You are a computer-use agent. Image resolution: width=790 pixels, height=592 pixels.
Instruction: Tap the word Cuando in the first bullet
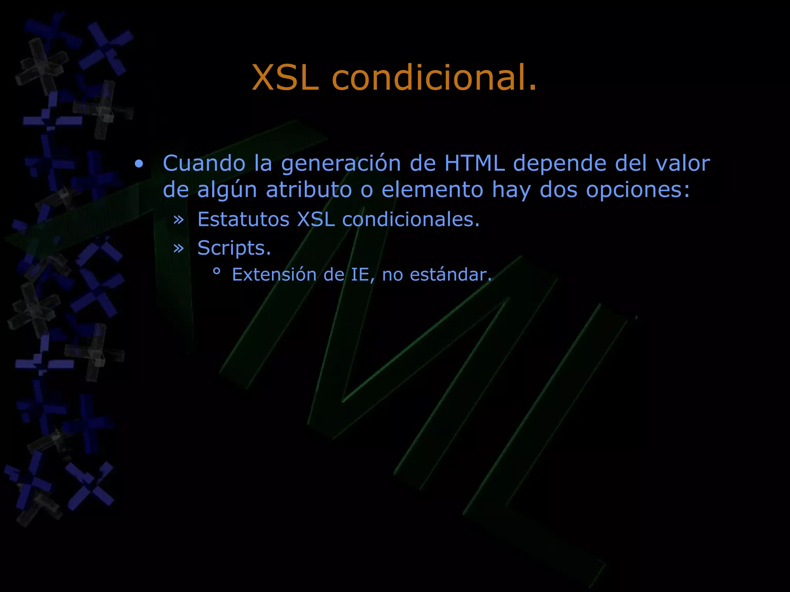click(204, 163)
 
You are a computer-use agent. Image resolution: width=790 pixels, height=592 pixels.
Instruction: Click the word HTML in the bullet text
click(474, 163)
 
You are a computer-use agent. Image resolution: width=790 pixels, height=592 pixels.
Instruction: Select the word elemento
click(432, 190)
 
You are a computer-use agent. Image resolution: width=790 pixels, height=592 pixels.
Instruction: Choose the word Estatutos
click(243, 219)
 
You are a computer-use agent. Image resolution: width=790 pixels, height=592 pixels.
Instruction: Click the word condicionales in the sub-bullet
click(410, 219)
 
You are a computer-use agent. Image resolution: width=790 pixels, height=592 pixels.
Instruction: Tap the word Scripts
click(234, 248)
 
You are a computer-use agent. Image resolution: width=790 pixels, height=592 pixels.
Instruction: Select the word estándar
click(451, 275)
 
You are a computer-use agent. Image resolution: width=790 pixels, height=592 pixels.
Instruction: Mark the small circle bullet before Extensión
click(216, 272)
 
